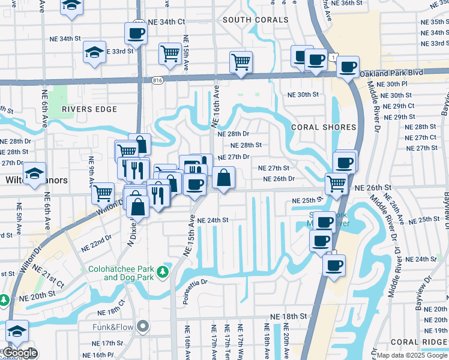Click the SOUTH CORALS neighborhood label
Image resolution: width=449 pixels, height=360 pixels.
[255, 20]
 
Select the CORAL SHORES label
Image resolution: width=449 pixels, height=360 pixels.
[316, 128]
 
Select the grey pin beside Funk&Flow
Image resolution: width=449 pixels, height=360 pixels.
[142, 327]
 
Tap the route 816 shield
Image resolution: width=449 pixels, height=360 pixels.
[157, 80]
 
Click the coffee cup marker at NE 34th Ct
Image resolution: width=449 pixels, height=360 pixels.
[136, 33]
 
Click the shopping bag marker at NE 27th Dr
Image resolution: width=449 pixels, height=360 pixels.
[223, 178]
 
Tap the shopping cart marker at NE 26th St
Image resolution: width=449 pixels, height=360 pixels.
[336, 184]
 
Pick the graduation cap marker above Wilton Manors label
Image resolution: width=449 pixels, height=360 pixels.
[35, 174]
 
